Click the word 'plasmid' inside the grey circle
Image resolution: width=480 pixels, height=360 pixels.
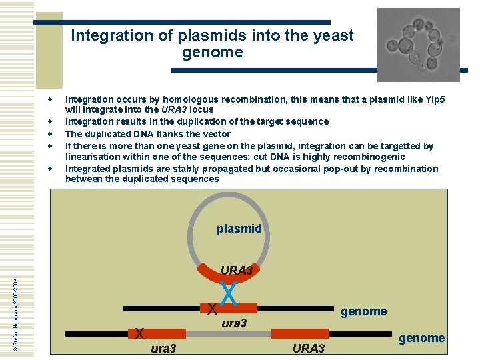(239, 229)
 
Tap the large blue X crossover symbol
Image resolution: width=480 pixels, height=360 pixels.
(228, 291)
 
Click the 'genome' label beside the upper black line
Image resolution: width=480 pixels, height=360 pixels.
(363, 311)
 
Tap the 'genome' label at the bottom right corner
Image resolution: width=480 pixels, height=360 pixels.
(421, 338)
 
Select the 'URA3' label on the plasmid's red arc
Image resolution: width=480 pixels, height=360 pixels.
(237, 271)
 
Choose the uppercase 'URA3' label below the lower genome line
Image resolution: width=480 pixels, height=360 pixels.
(309, 349)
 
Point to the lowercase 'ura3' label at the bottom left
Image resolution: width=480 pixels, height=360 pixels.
(163, 348)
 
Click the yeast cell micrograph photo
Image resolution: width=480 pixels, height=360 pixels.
(418, 45)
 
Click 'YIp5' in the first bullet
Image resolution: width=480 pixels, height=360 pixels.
(433, 99)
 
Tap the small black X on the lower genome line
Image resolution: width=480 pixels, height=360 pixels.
(139, 333)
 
